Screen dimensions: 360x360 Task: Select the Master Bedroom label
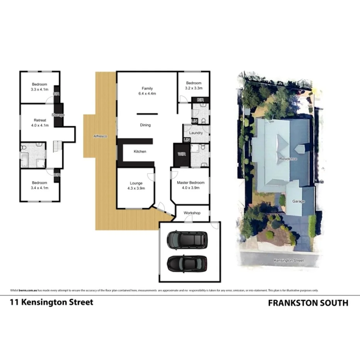[x=190, y=183]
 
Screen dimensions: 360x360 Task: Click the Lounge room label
[x=136, y=183]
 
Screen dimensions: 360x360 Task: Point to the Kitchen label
[x=140, y=151]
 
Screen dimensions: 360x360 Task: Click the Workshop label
[x=192, y=213]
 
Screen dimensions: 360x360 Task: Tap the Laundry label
[x=196, y=133]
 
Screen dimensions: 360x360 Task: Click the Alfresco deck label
[x=100, y=136]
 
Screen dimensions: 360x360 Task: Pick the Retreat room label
[x=40, y=120]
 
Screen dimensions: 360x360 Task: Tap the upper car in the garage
[x=187, y=240]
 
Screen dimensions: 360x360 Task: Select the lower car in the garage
[x=187, y=264]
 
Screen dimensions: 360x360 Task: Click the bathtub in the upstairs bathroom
[x=24, y=159]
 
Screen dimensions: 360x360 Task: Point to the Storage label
[x=59, y=115]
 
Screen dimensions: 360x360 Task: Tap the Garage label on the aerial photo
[x=299, y=201]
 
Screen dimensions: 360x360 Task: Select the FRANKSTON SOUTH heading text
[x=308, y=303]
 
